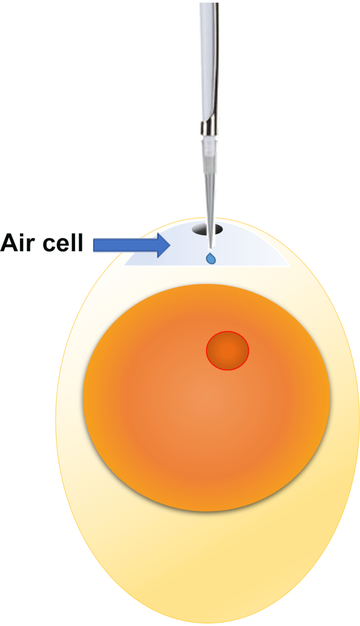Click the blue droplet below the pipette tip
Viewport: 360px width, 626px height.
click(211, 259)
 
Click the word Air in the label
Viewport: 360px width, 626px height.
click(22, 242)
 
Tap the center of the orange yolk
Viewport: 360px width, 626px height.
click(206, 397)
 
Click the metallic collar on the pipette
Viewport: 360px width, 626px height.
click(208, 127)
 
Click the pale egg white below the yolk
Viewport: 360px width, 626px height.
click(206, 561)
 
